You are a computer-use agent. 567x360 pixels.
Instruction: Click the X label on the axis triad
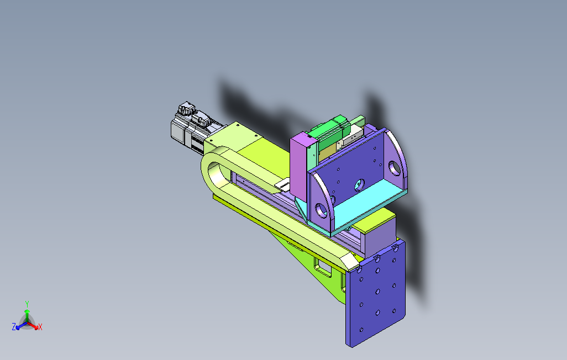[40, 327]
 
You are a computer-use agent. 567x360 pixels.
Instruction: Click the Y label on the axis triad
[27, 304]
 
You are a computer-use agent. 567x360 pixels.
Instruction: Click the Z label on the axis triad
[14, 327]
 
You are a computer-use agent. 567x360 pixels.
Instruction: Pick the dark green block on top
[329, 130]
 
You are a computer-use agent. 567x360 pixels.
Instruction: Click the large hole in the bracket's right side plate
[394, 168]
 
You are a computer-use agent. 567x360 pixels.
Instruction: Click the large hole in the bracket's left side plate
[321, 210]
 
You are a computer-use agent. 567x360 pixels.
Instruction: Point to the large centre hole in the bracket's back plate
[359, 185]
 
